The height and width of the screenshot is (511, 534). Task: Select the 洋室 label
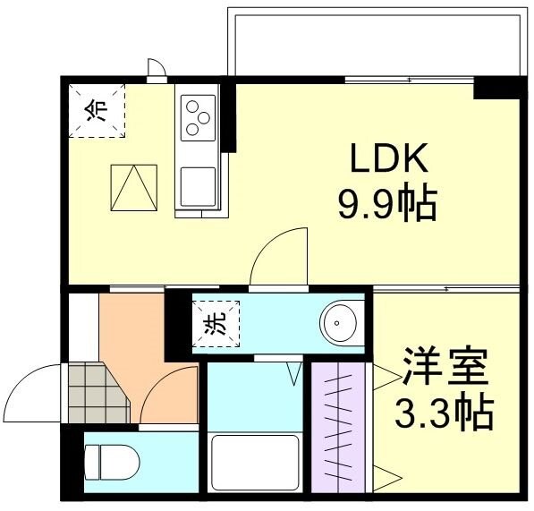[445, 367]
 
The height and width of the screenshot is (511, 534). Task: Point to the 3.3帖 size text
[445, 413]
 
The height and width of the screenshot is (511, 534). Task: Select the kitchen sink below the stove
[197, 185]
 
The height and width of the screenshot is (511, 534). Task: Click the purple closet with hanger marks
[339, 426]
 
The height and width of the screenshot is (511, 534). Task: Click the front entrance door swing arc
[31, 394]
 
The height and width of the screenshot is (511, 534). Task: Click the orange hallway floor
[134, 340]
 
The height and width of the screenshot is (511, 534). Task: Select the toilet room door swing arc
[170, 398]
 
